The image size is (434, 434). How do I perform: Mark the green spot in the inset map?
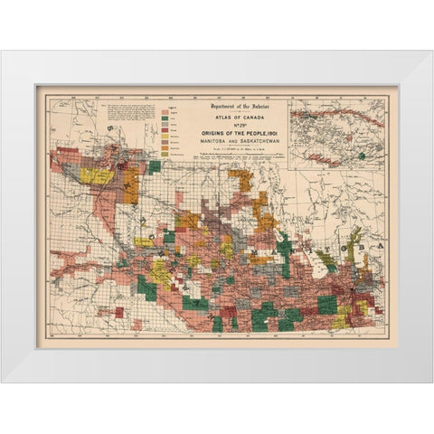coord(362,156)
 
